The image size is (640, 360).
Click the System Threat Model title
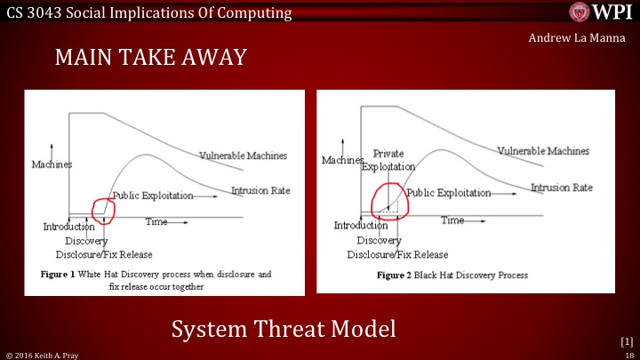coord(284,330)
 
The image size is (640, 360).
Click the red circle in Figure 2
coord(389,201)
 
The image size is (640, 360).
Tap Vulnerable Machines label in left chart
coord(243,156)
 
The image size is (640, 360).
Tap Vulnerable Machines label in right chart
coord(543,151)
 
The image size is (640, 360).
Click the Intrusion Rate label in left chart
coord(260,190)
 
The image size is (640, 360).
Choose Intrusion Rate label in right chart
coord(561,188)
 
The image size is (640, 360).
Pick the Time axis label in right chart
coord(453,220)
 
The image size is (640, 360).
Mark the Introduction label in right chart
coord(361,225)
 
